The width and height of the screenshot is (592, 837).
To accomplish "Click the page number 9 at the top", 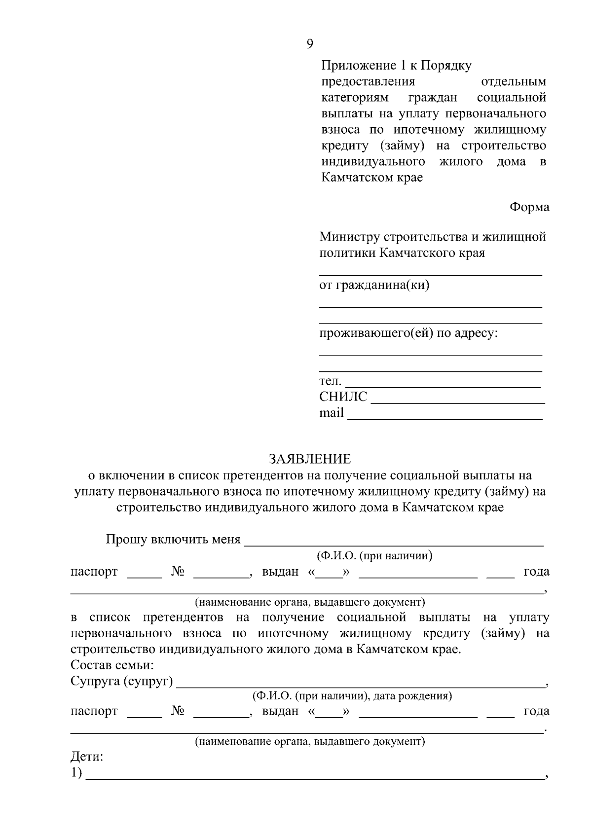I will pyautogui.click(x=309, y=44).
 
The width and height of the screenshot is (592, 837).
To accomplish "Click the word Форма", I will pyautogui.click(x=529, y=207).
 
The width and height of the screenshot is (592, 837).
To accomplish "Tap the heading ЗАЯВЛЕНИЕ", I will pyautogui.click(x=310, y=459).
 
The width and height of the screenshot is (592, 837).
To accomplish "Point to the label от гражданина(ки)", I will pyautogui.click(x=374, y=285).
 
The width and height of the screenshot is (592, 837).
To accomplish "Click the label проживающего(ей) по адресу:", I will pyautogui.click(x=408, y=333).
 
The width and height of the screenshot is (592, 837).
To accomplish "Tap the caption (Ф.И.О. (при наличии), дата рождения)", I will pyautogui.click(x=352, y=696).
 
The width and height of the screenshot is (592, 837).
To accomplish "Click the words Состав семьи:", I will pyautogui.click(x=112, y=665).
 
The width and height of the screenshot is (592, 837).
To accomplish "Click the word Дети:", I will pyautogui.click(x=87, y=757).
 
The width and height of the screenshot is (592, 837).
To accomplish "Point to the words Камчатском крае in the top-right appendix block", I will pyautogui.click(x=372, y=178).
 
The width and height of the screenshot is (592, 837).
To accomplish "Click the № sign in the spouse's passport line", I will pyautogui.click(x=178, y=711).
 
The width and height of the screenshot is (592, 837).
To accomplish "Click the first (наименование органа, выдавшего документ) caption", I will pyautogui.click(x=309, y=602).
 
